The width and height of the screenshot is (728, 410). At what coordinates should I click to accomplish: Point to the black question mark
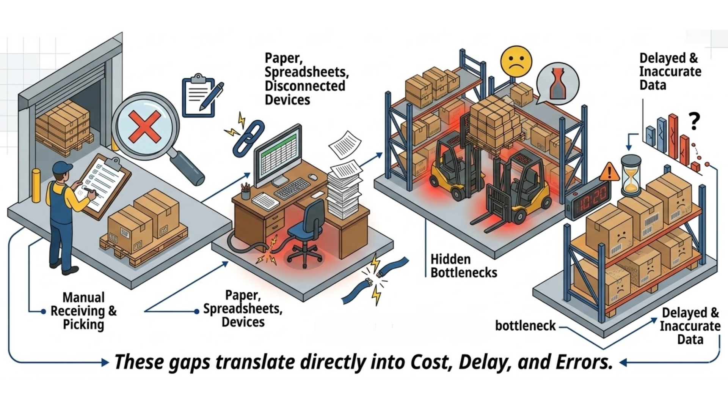point(694,122)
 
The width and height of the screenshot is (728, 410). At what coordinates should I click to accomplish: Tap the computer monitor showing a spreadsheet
point(279,156)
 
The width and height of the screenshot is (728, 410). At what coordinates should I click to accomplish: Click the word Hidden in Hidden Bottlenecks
point(450,259)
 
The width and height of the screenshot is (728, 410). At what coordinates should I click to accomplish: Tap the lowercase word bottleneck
point(525,325)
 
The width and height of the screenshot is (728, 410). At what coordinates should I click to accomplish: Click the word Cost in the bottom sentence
point(431,362)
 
